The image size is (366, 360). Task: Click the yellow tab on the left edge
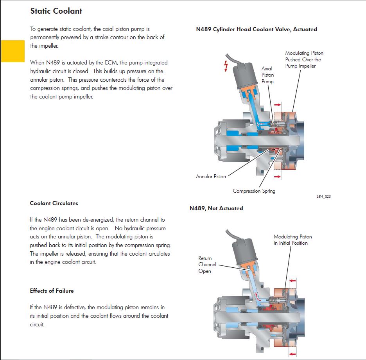[x=13, y=51]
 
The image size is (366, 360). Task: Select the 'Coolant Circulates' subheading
[x=54, y=203]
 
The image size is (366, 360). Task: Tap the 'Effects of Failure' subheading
[x=52, y=291]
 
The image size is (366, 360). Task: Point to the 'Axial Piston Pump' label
[x=267, y=75]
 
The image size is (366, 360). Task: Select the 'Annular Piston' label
[x=211, y=177]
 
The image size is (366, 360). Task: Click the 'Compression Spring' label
[x=254, y=191]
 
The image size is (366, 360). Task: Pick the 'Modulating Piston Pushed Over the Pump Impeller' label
[x=304, y=59]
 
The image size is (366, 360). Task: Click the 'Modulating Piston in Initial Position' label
[x=292, y=240]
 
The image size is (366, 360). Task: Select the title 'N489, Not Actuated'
[x=216, y=208]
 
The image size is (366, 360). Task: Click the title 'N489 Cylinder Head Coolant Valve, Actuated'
[x=256, y=29]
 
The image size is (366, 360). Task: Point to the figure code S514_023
[x=323, y=196]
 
